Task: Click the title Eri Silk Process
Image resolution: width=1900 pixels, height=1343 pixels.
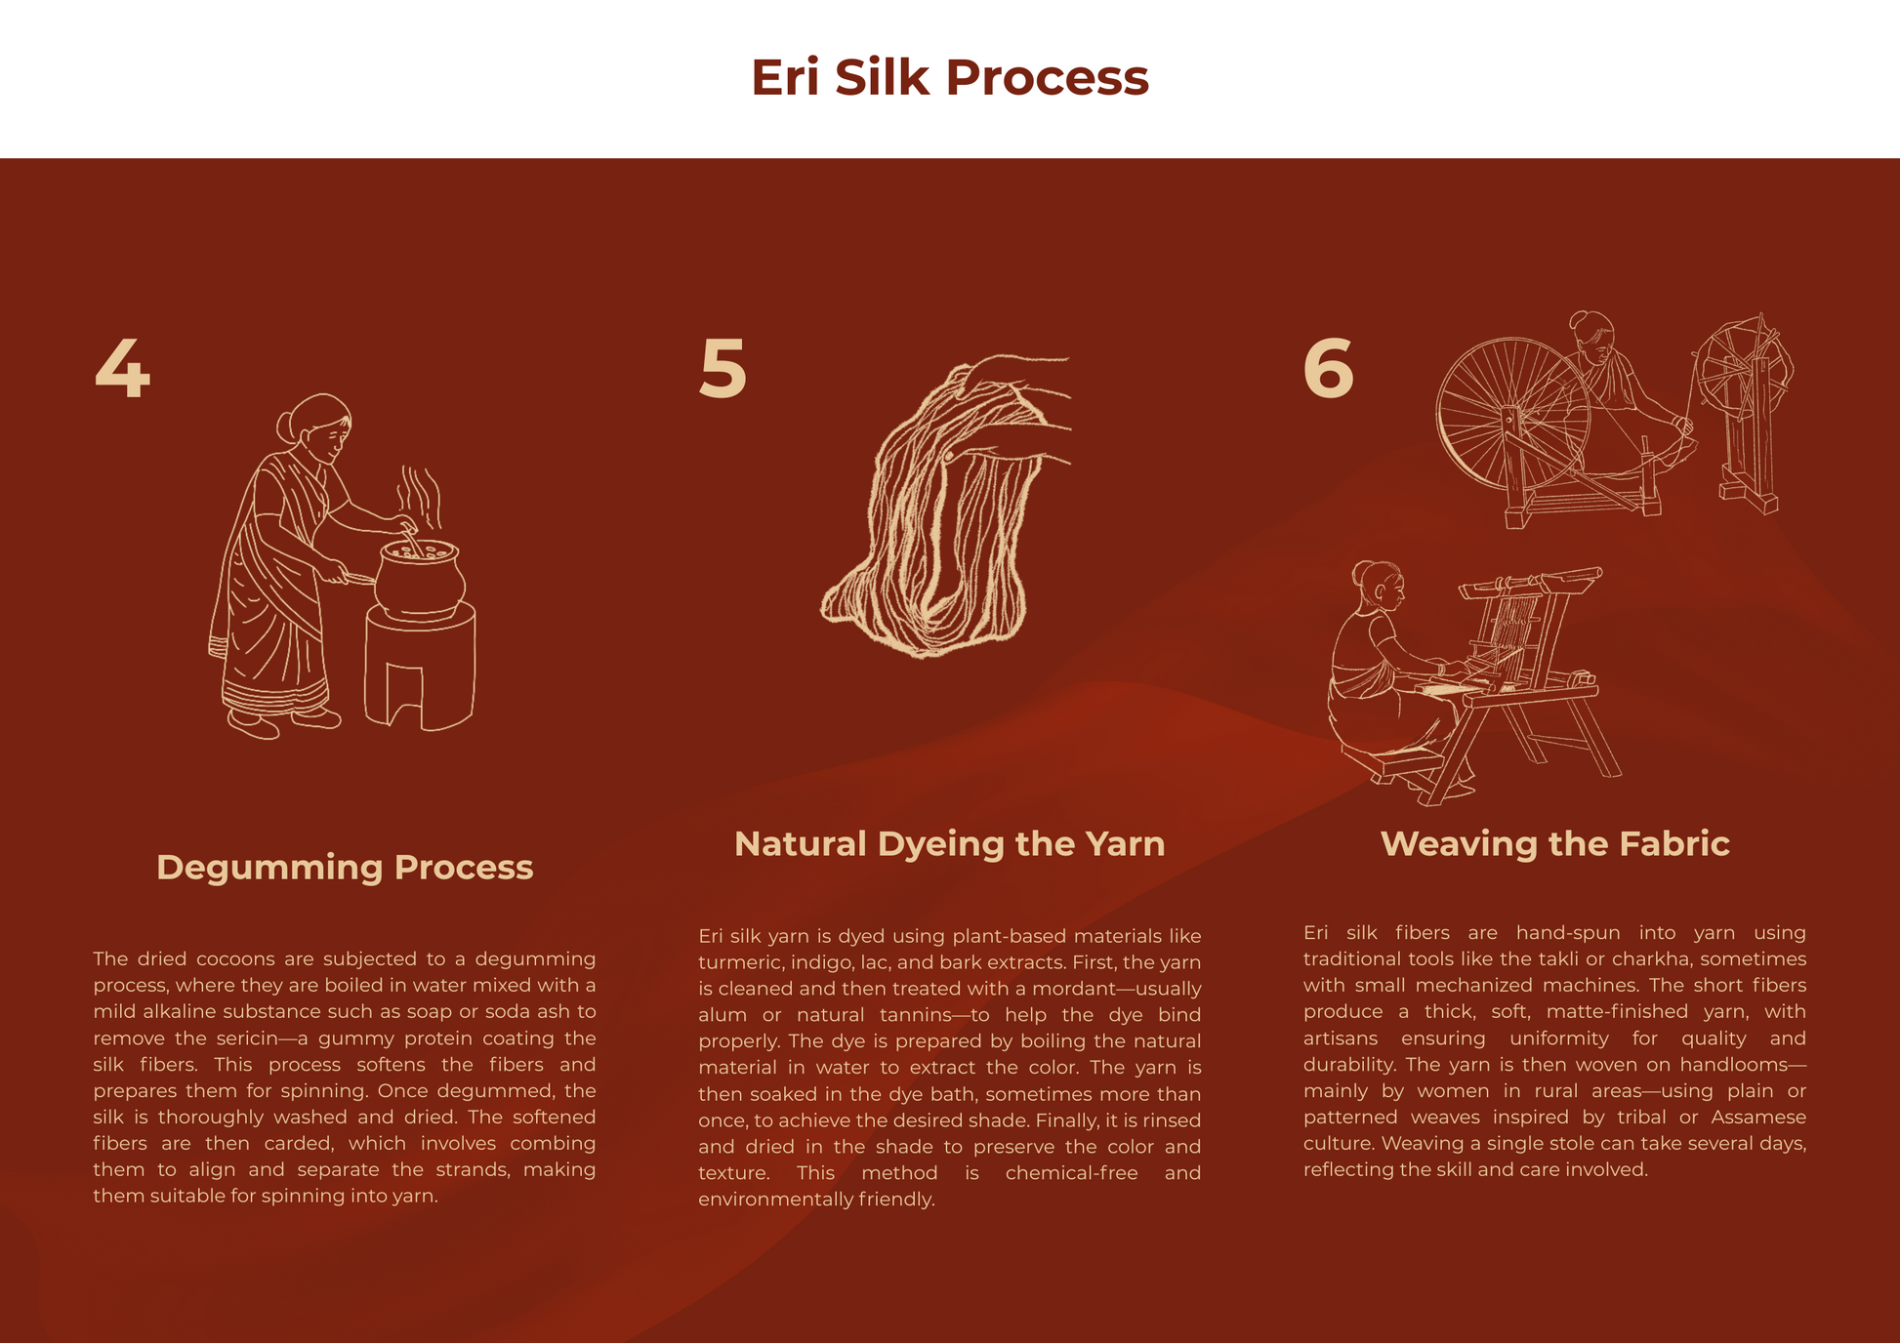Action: tap(949, 77)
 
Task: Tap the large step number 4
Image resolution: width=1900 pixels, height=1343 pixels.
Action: tap(122, 368)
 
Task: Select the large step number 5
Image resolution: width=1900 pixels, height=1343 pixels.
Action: tap(723, 368)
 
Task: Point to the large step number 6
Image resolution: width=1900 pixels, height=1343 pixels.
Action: tap(1328, 368)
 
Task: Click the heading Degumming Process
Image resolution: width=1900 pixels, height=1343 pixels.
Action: tap(345, 867)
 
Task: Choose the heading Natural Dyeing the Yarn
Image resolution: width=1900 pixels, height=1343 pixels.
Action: tap(949, 843)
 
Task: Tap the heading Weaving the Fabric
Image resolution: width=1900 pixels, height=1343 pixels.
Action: tap(1554, 843)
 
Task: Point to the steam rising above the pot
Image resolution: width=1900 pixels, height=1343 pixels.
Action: tap(420, 498)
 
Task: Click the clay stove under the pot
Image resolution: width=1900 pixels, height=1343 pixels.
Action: tap(420, 667)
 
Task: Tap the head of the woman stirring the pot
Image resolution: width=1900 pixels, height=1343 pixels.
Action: tap(317, 427)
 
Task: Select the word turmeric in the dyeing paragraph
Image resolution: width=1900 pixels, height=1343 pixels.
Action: tap(739, 962)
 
